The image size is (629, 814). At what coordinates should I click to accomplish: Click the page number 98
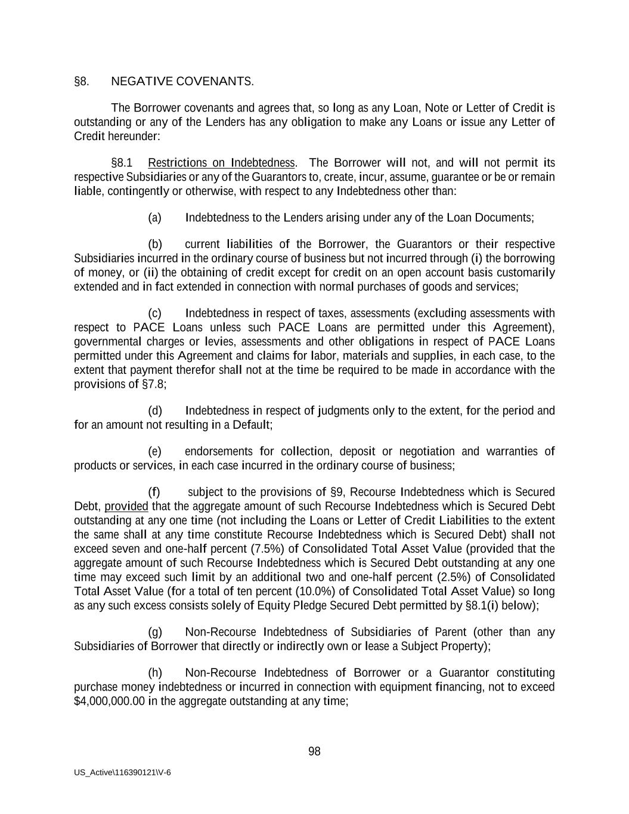coord(314,751)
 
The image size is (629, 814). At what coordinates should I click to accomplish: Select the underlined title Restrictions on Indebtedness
coord(221,163)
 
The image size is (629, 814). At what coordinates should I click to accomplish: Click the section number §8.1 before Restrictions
coord(122,163)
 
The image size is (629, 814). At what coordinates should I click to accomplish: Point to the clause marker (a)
coord(154,217)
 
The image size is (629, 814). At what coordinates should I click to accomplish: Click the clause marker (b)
coord(154,244)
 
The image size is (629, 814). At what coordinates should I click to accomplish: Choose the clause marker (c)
coord(154,313)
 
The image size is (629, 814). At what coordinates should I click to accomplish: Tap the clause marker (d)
coord(154,410)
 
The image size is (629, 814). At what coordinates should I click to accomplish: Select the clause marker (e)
coord(154,451)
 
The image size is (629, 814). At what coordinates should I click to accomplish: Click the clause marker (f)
coord(154,492)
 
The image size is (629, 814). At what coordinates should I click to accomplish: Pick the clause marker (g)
coord(154,632)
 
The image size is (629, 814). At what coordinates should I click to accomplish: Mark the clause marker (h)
coord(154,673)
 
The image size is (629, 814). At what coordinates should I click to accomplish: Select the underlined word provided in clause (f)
coord(126,506)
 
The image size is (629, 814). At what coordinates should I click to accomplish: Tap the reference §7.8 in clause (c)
coord(154,383)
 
